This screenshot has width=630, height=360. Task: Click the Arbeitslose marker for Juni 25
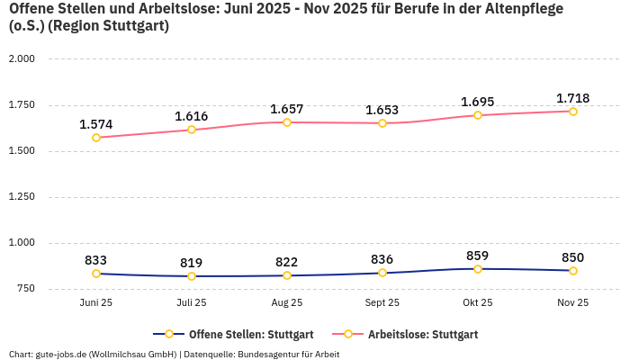pyautogui.click(x=96, y=138)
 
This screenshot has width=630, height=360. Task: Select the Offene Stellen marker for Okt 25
pyautogui.click(x=478, y=269)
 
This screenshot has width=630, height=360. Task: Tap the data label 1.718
pyautogui.click(x=573, y=98)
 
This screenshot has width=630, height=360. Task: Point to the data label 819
pyautogui.click(x=192, y=263)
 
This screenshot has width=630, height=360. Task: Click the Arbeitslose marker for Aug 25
pyautogui.click(x=287, y=122)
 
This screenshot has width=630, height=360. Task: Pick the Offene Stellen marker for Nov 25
pyautogui.click(x=573, y=271)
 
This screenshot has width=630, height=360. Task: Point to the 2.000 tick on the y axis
pyautogui.click(x=21, y=58)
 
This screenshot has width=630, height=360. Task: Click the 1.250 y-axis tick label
pyautogui.click(x=21, y=196)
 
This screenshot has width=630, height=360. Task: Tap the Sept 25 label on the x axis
pyautogui.click(x=382, y=303)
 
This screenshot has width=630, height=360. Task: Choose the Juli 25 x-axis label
pyautogui.click(x=192, y=303)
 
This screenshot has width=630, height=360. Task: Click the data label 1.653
pyautogui.click(x=382, y=110)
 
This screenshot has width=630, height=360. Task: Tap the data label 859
pyautogui.click(x=478, y=256)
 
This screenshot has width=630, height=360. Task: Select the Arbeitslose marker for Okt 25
pyautogui.click(x=478, y=115)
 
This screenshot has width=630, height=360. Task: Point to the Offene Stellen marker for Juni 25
pyautogui.click(x=96, y=274)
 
